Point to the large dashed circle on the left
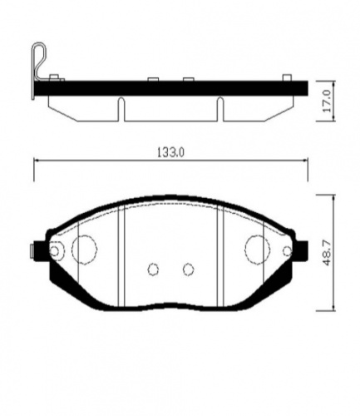pos(85,248)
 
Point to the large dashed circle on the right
pos(258,248)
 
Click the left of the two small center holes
pos(152,269)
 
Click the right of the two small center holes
pos(189,269)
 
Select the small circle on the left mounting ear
pos(56,251)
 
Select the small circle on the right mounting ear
pos(286,251)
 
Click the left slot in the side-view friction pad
pos(121,108)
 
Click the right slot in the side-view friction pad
pos(220,108)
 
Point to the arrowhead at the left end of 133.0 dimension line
pos(36,160)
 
